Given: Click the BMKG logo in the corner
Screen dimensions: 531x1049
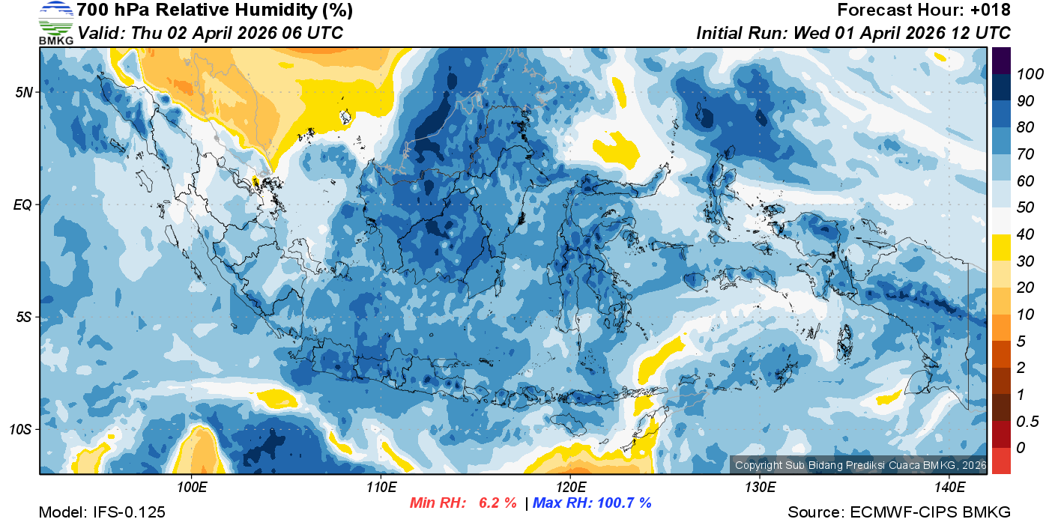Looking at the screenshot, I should click(55, 22).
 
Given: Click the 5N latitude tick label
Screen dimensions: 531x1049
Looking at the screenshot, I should click(24, 92).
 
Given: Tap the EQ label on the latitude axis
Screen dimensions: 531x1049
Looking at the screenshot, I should click(24, 204).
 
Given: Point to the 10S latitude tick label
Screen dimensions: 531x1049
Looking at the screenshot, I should click(22, 430).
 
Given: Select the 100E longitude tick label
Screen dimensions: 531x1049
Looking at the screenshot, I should click(192, 488).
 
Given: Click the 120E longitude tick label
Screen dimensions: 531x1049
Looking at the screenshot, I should click(570, 488).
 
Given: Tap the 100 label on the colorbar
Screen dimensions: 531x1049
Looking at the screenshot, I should click(1025, 73).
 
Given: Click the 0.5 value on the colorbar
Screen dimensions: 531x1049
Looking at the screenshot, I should click(1025, 422).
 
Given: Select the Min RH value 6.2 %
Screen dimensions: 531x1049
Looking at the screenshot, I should click(498, 503).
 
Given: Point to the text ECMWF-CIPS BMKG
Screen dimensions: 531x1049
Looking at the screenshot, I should click(930, 512).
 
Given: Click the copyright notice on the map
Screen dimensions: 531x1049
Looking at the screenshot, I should click(860, 465).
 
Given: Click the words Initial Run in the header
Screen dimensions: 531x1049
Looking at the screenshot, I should click(731, 33).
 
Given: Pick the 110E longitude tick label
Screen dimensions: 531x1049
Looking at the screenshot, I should click(381, 488).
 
